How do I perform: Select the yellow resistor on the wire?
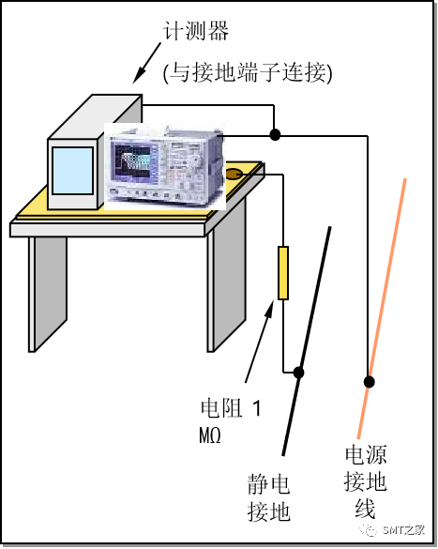click(x=282, y=273)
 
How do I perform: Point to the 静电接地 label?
click(x=268, y=497)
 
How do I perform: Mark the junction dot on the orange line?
click(x=370, y=381)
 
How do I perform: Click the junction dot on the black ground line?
click(x=300, y=372)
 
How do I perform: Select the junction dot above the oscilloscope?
click(x=274, y=135)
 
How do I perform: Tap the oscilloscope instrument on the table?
click(x=164, y=165)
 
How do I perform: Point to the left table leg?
click(x=47, y=292)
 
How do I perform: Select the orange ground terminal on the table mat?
click(x=234, y=174)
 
